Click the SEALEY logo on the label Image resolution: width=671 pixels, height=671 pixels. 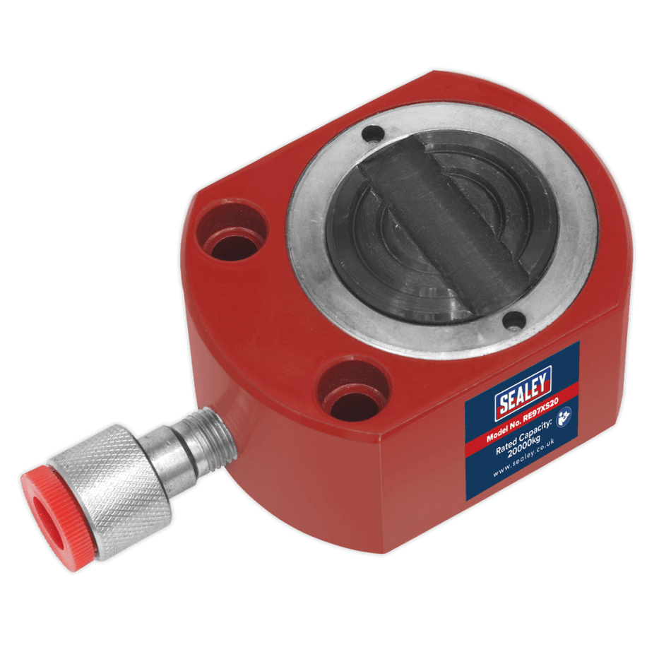click(x=523, y=391)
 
